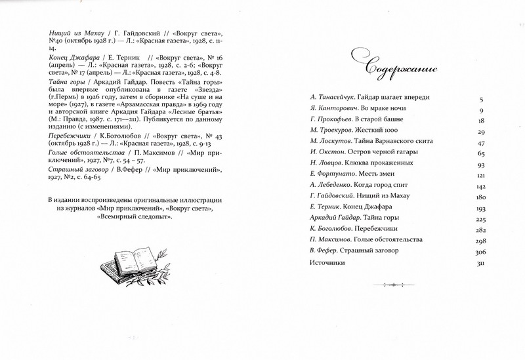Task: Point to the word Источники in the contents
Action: click(326, 264)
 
